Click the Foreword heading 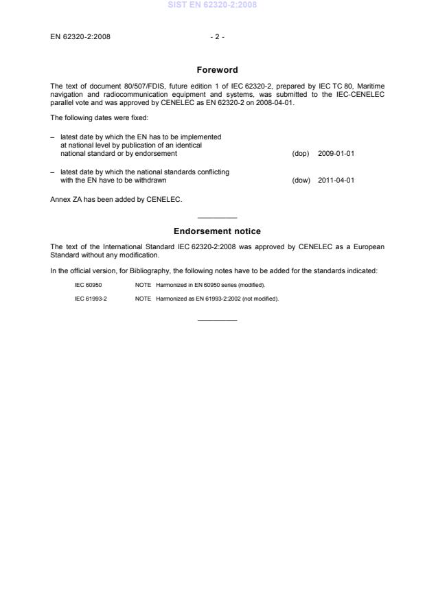tap(217, 70)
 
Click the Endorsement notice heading tap(217, 231)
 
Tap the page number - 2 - tap(217, 37)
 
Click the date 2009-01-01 tap(336, 153)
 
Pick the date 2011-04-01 tap(336, 181)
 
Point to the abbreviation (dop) tap(301, 153)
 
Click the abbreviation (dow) tap(301, 181)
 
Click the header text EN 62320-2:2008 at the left tap(80, 37)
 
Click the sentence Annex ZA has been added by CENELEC tap(116, 200)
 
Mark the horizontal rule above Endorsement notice tap(217, 218)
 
